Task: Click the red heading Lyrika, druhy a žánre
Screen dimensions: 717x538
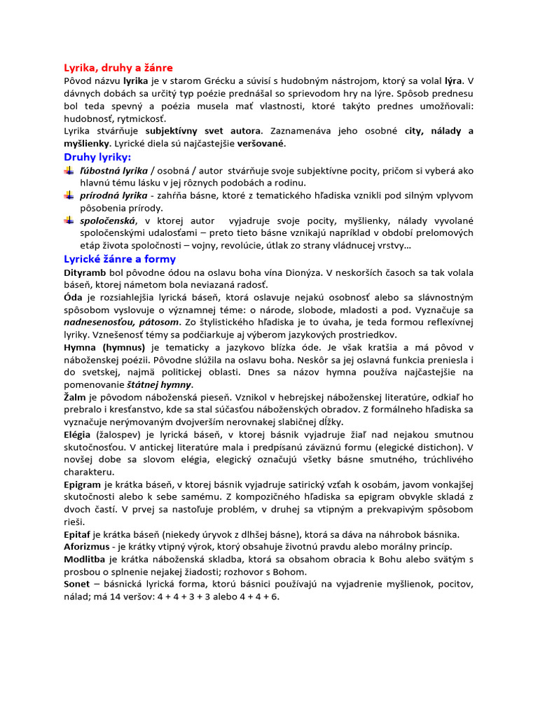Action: click(118, 68)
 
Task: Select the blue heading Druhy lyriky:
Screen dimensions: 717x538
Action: click(97, 156)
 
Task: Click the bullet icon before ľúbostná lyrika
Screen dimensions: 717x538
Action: click(69, 170)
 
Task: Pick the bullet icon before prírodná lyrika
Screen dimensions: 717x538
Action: click(69, 195)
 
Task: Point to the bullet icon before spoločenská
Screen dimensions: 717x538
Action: click(69, 221)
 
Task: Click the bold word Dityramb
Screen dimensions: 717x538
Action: click(85, 272)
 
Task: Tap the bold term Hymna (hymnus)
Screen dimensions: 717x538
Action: click(104, 347)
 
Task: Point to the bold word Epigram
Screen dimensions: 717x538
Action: click(83, 485)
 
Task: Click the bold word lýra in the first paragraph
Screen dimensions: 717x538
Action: click(454, 81)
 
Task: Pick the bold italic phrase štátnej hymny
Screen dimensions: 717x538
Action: click(159, 385)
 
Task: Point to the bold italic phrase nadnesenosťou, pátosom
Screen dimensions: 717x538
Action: click(121, 322)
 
